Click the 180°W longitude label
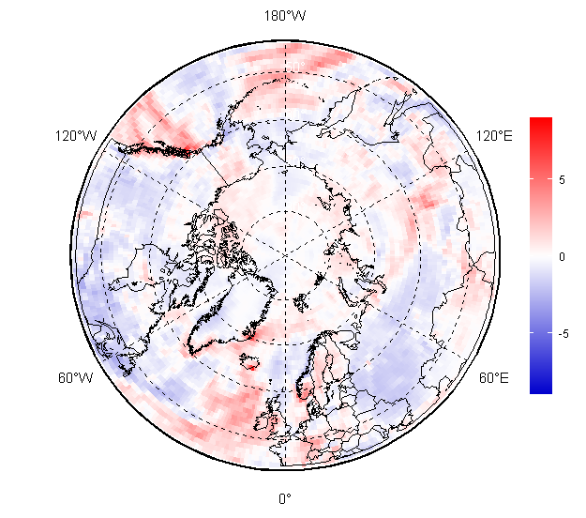click(x=285, y=16)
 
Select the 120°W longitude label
click(x=76, y=136)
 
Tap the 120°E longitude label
click(x=494, y=136)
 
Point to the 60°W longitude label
click(x=76, y=378)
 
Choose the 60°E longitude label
click(x=494, y=378)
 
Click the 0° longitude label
click(x=285, y=498)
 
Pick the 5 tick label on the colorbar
click(x=562, y=178)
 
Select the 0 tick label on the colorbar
click(x=562, y=256)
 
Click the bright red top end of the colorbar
click(x=540, y=121)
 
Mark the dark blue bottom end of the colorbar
click(x=540, y=388)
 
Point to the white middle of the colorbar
click(x=540, y=255)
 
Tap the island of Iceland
click(x=249, y=361)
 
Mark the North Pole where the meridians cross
click(x=285, y=254)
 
